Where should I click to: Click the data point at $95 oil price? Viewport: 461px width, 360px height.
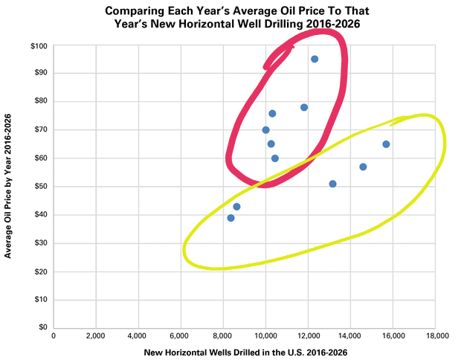pos(315,59)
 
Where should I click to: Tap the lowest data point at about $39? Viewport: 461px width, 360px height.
pos(230,218)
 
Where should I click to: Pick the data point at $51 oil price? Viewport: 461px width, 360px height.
pos(332,184)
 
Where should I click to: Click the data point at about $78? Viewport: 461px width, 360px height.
pos(304,107)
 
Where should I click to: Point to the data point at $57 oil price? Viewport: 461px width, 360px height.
pos(363,167)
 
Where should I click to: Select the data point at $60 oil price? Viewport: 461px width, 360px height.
pos(274,158)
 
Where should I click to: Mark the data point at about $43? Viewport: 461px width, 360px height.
pos(236,207)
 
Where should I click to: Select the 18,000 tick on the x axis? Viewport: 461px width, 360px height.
pos(437,335)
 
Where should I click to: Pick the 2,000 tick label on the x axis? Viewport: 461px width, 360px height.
pos(96,335)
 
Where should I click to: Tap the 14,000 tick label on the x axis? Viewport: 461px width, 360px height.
pos(352,335)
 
